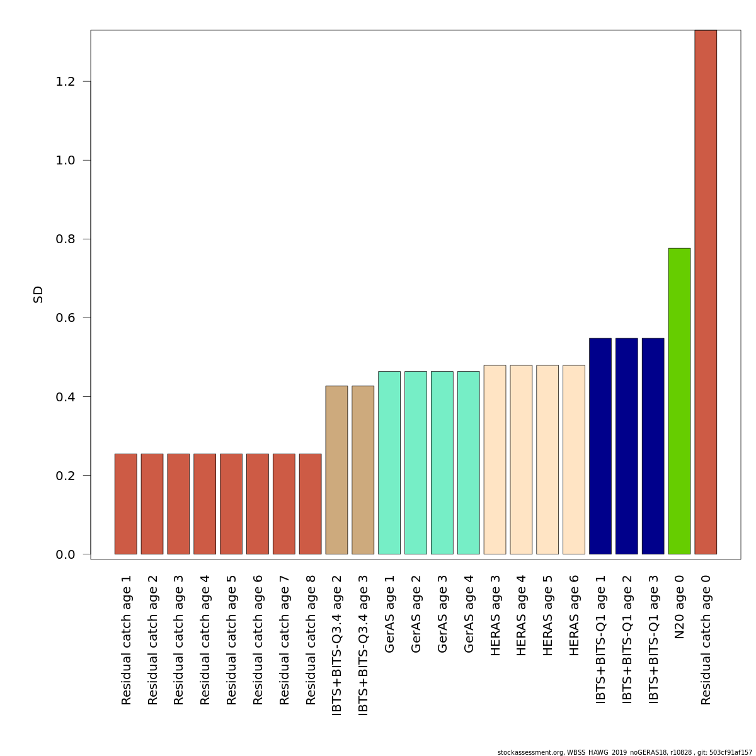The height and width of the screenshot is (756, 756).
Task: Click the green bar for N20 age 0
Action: click(x=679, y=401)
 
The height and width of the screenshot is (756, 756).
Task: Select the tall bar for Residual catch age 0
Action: click(x=706, y=292)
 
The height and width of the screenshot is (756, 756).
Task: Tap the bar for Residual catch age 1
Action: click(x=125, y=504)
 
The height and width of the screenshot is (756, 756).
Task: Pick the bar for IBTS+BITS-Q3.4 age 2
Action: click(x=336, y=470)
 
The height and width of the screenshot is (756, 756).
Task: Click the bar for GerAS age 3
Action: click(x=442, y=463)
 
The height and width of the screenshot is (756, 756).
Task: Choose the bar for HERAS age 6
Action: click(x=573, y=460)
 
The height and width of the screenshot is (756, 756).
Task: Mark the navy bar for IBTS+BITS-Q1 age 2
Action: click(x=626, y=446)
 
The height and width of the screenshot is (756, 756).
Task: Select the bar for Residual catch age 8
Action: click(x=310, y=504)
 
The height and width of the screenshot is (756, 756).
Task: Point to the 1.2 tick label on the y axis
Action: click(x=65, y=82)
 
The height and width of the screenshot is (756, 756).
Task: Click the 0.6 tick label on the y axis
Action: click(x=65, y=318)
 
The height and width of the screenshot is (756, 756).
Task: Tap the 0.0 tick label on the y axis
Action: click(x=65, y=554)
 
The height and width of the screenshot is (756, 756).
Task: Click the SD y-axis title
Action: click(x=38, y=294)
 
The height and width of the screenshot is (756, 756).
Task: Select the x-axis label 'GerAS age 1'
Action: click(x=389, y=614)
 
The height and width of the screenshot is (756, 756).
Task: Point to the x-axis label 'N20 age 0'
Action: click(x=679, y=607)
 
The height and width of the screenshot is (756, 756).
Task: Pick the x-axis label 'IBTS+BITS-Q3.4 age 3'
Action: click(x=363, y=644)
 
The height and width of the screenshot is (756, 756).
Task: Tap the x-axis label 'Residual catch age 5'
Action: click(x=231, y=639)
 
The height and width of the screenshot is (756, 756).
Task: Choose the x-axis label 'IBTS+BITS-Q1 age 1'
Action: click(x=600, y=639)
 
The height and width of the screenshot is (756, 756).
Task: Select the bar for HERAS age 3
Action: click(x=495, y=460)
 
